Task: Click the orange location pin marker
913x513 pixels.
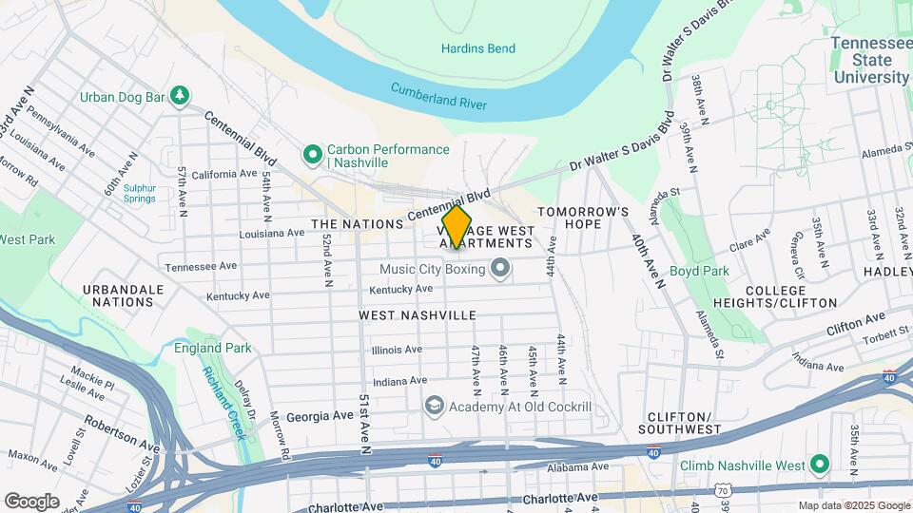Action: (x=456, y=228)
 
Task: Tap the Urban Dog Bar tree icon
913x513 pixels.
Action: (x=178, y=96)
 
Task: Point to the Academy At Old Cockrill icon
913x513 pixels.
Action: (x=435, y=407)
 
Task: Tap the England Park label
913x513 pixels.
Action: (x=213, y=348)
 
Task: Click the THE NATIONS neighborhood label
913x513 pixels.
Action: (x=358, y=224)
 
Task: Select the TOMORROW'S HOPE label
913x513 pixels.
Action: (x=583, y=218)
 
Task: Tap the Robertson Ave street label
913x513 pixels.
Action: (x=122, y=433)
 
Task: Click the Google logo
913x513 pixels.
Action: (x=31, y=501)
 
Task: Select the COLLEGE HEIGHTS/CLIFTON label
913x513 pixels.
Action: (x=791, y=296)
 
